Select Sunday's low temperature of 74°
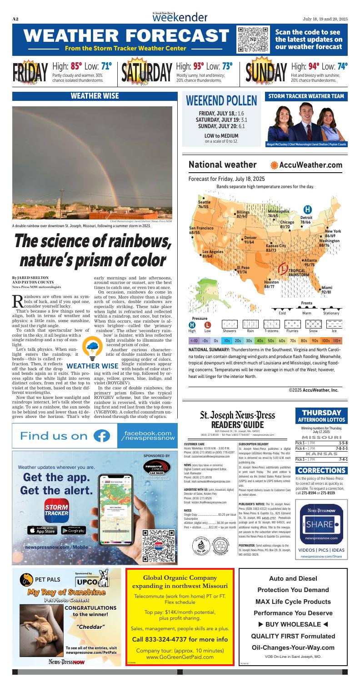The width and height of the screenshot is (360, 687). [342, 67]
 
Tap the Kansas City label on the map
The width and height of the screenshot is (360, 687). [275, 246]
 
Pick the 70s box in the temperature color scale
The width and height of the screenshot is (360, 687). [293, 340]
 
